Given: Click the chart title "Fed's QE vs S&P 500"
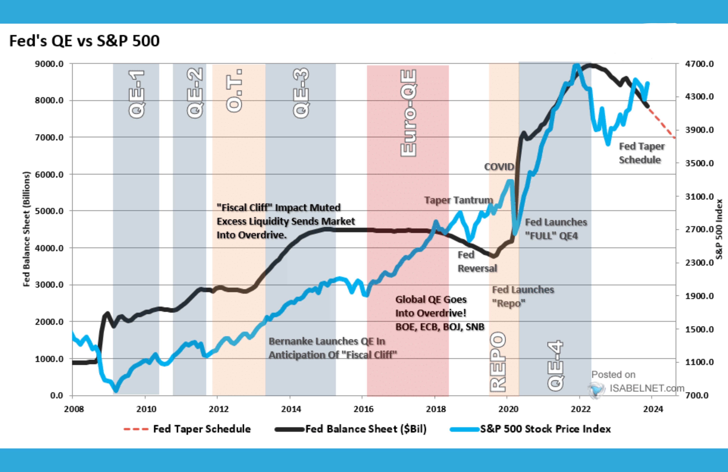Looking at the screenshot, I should pos(85,41).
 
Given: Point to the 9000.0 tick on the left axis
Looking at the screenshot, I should pos(49,64).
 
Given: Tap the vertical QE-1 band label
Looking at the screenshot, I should pos(136,94).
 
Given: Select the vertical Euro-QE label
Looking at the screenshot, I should pos(408,113).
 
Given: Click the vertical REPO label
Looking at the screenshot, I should pos(498,362).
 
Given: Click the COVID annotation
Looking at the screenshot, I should pos(499,167).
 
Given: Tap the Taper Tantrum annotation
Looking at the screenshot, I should pos(458,200).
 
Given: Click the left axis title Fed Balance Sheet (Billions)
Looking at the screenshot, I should pos(27,229).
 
